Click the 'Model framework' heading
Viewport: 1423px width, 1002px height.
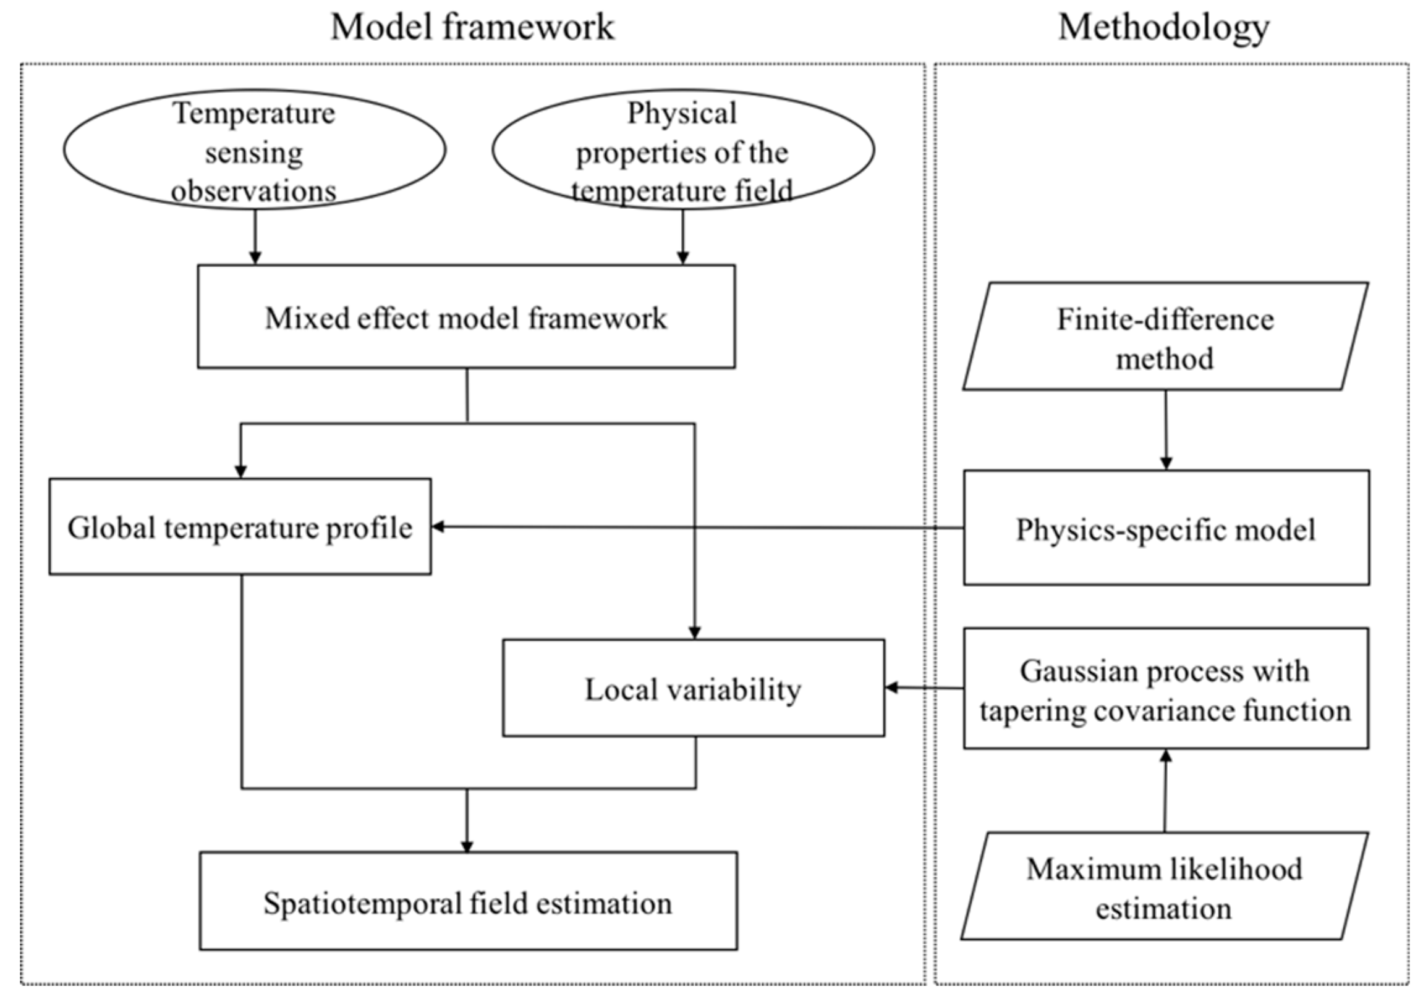coord(472,27)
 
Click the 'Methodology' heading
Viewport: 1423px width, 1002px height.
coord(1163,27)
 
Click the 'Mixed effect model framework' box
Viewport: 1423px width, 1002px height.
coord(466,317)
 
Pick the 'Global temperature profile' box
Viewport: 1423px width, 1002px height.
coord(240,528)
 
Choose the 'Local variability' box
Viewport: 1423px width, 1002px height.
coord(693,689)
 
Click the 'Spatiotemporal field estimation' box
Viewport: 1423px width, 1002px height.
coord(468,902)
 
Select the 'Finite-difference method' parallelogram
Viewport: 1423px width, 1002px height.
coord(1165,337)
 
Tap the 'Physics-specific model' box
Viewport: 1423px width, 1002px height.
coord(1165,528)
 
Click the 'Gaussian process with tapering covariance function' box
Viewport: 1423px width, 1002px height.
coord(1165,689)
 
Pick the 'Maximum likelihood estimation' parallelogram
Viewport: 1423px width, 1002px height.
coord(1164,888)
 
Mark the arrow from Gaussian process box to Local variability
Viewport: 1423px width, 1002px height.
coord(924,688)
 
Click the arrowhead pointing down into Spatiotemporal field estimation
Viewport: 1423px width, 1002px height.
coord(467,845)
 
